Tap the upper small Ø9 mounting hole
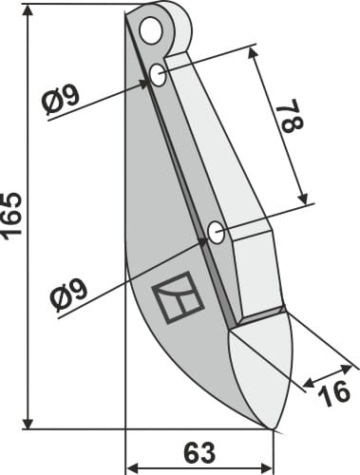pyautogui.click(x=157, y=74)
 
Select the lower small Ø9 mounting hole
pyautogui.click(x=216, y=231)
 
